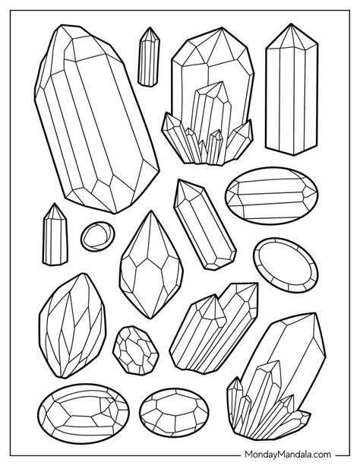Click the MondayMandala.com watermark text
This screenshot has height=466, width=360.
(288, 455)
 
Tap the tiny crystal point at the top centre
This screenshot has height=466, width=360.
(149, 57)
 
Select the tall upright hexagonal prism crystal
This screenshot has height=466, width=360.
(292, 89)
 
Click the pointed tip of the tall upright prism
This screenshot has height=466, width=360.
(291, 24)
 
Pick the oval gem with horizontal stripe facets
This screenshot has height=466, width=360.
(271, 195)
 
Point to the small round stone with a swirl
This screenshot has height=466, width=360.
(97, 236)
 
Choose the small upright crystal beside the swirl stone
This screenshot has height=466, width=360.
(55, 235)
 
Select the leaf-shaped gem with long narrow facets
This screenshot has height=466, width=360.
(72, 326)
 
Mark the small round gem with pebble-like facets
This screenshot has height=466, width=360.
(135, 350)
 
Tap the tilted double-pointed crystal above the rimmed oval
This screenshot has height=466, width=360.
(205, 224)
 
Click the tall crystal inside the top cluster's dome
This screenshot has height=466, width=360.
(211, 116)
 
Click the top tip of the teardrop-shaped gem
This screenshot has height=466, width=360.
(151, 211)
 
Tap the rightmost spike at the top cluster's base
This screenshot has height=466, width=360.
(239, 140)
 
